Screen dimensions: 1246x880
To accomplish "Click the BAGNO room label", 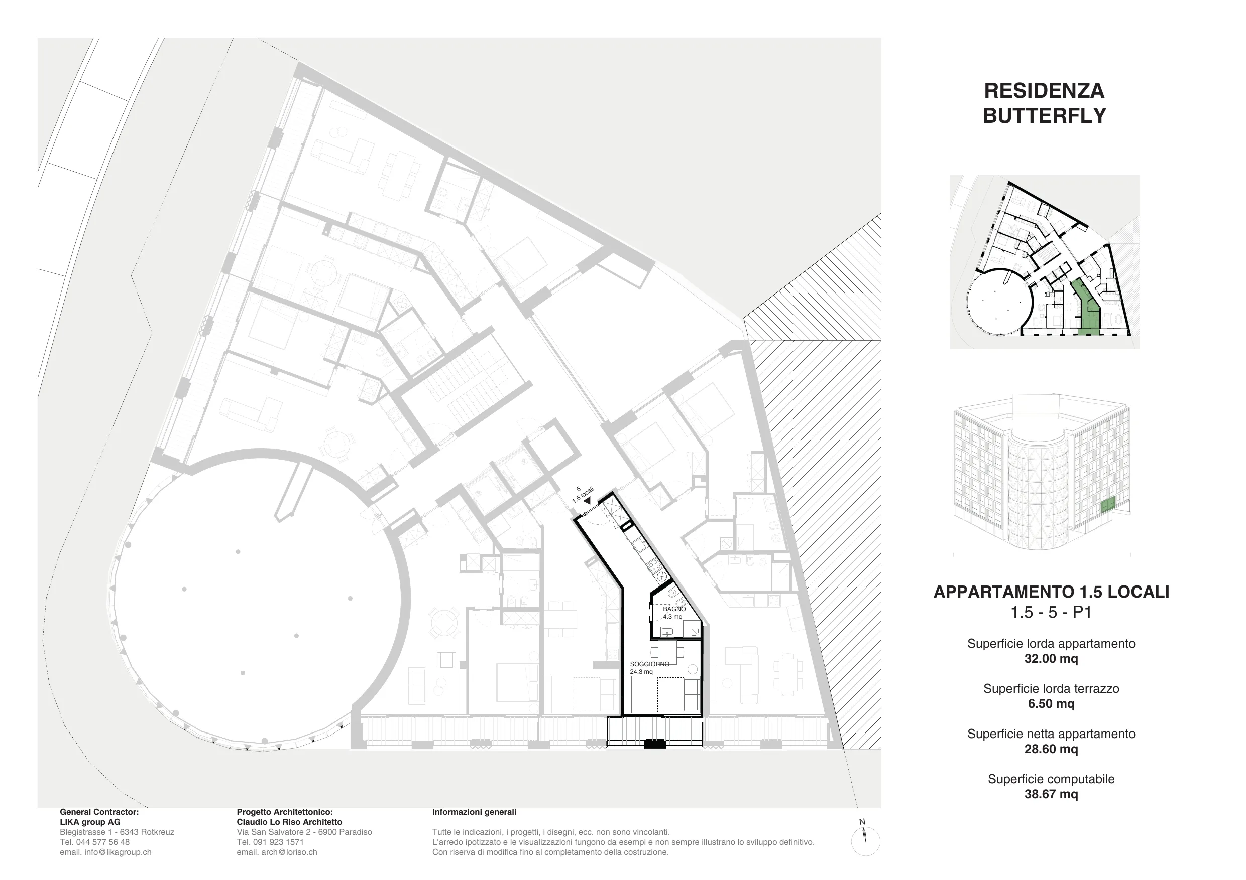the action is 674,609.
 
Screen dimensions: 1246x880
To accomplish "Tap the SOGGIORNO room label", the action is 649,664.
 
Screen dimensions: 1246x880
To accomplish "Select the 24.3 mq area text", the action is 641,672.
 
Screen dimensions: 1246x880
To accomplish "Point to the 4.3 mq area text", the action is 672,617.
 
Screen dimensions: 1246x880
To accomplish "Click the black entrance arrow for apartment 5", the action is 587,502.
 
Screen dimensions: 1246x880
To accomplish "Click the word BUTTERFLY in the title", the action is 1044,115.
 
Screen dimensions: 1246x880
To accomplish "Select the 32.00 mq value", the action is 1051,659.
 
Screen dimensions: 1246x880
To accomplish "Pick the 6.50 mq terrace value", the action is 1051,704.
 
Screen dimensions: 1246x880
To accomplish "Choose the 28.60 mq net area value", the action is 1051,749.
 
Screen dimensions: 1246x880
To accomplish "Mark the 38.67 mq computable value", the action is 1051,794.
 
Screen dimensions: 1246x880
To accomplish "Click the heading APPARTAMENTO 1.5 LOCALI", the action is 1051,592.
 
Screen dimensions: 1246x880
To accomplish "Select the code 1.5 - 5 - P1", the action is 1051,612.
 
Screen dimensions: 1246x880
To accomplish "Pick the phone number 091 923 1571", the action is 278,842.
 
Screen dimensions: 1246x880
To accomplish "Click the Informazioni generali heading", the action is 474,812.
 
